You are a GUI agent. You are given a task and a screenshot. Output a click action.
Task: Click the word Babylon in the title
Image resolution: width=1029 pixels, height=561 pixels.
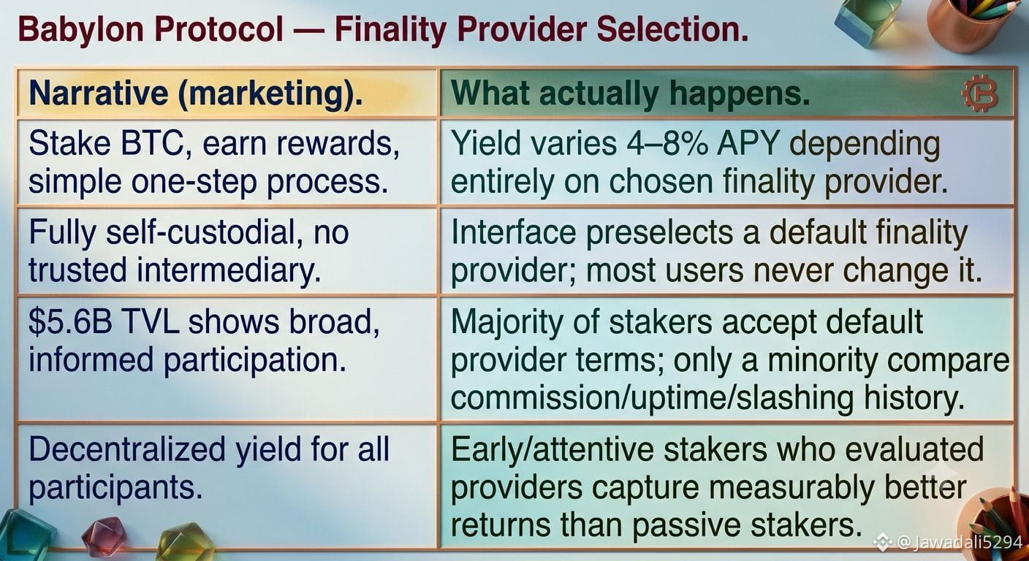(81, 30)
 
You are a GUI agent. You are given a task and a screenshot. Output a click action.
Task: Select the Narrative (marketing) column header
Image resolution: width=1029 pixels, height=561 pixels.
(196, 94)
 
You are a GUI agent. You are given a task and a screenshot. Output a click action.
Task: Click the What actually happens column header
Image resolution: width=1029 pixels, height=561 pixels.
(630, 94)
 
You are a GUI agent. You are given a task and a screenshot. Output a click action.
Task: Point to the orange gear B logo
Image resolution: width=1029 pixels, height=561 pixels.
(980, 93)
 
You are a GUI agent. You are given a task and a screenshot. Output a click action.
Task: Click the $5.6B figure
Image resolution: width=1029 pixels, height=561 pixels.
(70, 321)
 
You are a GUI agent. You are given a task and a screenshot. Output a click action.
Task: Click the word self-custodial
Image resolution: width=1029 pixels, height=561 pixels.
(204, 232)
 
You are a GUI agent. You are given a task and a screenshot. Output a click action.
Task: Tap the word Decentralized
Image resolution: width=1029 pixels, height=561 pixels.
(127, 449)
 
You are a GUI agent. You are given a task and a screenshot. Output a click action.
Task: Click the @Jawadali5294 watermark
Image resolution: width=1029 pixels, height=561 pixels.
(951, 542)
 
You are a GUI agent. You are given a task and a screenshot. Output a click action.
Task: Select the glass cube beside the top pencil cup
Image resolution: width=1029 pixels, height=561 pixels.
(868, 19)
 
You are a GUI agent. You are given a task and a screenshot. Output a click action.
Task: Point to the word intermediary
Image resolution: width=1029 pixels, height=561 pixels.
(229, 270)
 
